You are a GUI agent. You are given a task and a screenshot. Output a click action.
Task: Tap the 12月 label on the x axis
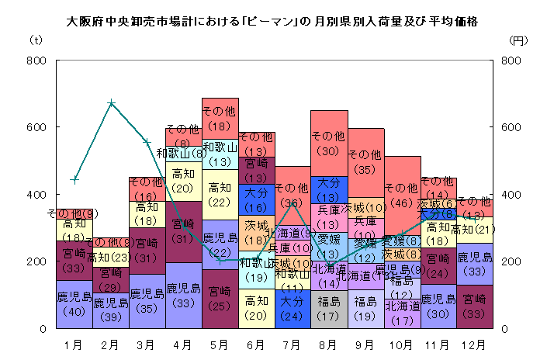pyautogui.click(x=476, y=341)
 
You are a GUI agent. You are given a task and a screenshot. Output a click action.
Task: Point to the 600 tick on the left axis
pyautogui.click(x=36, y=127)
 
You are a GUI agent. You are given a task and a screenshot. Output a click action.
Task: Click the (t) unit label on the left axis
pyautogui.click(x=36, y=40)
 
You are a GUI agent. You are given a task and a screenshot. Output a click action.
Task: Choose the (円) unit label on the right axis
pyautogui.click(x=518, y=40)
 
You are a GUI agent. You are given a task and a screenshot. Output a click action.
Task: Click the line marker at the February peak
pyautogui.click(x=111, y=103)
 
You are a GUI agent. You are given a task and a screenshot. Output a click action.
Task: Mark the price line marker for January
pyautogui.click(x=74, y=179)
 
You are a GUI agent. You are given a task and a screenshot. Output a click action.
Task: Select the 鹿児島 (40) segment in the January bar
pyautogui.click(x=74, y=304)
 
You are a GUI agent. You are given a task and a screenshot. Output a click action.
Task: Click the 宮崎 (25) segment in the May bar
pyautogui.click(x=220, y=299)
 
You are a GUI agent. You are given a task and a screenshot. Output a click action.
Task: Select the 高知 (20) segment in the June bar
pyautogui.click(x=257, y=308)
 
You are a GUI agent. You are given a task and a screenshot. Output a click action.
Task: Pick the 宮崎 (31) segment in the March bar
pyautogui.click(x=147, y=251)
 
